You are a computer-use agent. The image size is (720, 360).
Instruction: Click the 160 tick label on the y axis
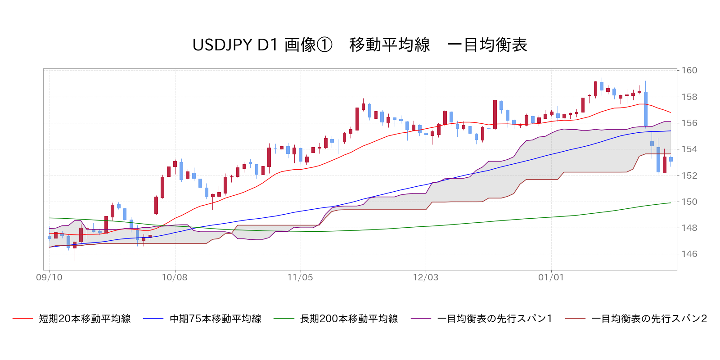click(x=689, y=70)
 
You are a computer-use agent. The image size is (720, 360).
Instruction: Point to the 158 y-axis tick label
click(x=689, y=97)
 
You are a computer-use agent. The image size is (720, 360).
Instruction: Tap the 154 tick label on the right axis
click(x=689, y=149)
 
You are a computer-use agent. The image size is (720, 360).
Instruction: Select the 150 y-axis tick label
click(x=689, y=202)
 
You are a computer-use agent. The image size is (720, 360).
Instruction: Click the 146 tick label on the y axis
click(x=689, y=254)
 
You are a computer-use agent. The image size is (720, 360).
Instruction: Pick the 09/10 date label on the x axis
click(x=49, y=277)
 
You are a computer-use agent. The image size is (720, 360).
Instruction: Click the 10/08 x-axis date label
click(x=175, y=277)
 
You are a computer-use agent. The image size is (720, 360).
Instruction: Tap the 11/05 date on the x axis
click(x=300, y=277)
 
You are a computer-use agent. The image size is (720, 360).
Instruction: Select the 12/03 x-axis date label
click(x=426, y=277)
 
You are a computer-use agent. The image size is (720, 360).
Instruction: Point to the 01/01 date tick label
click(x=551, y=277)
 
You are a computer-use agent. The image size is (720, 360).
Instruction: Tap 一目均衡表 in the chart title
click(x=487, y=45)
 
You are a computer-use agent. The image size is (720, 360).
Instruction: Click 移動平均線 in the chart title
click(x=390, y=45)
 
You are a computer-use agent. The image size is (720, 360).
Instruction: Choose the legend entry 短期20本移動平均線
click(x=85, y=319)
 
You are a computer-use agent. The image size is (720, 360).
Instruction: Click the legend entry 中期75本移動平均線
click(x=216, y=319)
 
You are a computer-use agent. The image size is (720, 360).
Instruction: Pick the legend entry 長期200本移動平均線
click(x=349, y=319)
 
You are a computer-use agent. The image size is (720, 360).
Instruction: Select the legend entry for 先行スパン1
click(x=495, y=319)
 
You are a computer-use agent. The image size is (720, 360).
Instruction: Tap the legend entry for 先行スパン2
click(x=649, y=319)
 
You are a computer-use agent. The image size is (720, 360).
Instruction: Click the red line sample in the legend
click(x=23, y=319)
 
